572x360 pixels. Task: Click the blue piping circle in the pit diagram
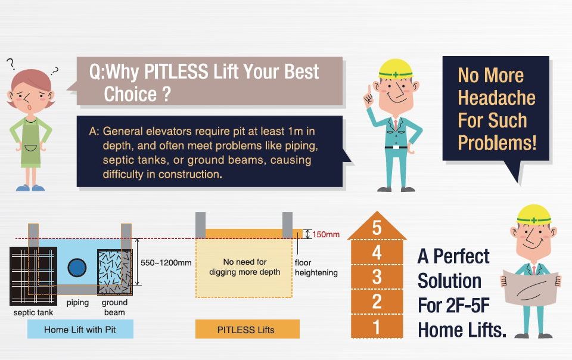(77, 268)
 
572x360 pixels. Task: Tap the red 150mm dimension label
(326, 234)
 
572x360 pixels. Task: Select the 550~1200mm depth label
(166, 263)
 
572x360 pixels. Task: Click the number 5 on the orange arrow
(377, 228)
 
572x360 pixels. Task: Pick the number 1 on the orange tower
(377, 327)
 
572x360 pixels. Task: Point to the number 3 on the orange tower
(377, 277)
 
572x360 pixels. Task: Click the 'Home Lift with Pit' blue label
(80, 330)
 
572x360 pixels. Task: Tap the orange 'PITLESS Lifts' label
(247, 330)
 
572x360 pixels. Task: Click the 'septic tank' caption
(33, 312)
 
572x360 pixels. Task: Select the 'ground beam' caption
(114, 308)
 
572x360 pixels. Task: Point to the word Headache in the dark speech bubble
(496, 98)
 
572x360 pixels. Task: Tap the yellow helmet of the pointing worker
(396, 69)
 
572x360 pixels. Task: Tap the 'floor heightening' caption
(316, 268)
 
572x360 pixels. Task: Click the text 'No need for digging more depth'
(245, 267)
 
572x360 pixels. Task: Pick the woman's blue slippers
(30, 188)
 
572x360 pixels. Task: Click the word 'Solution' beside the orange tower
(449, 281)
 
